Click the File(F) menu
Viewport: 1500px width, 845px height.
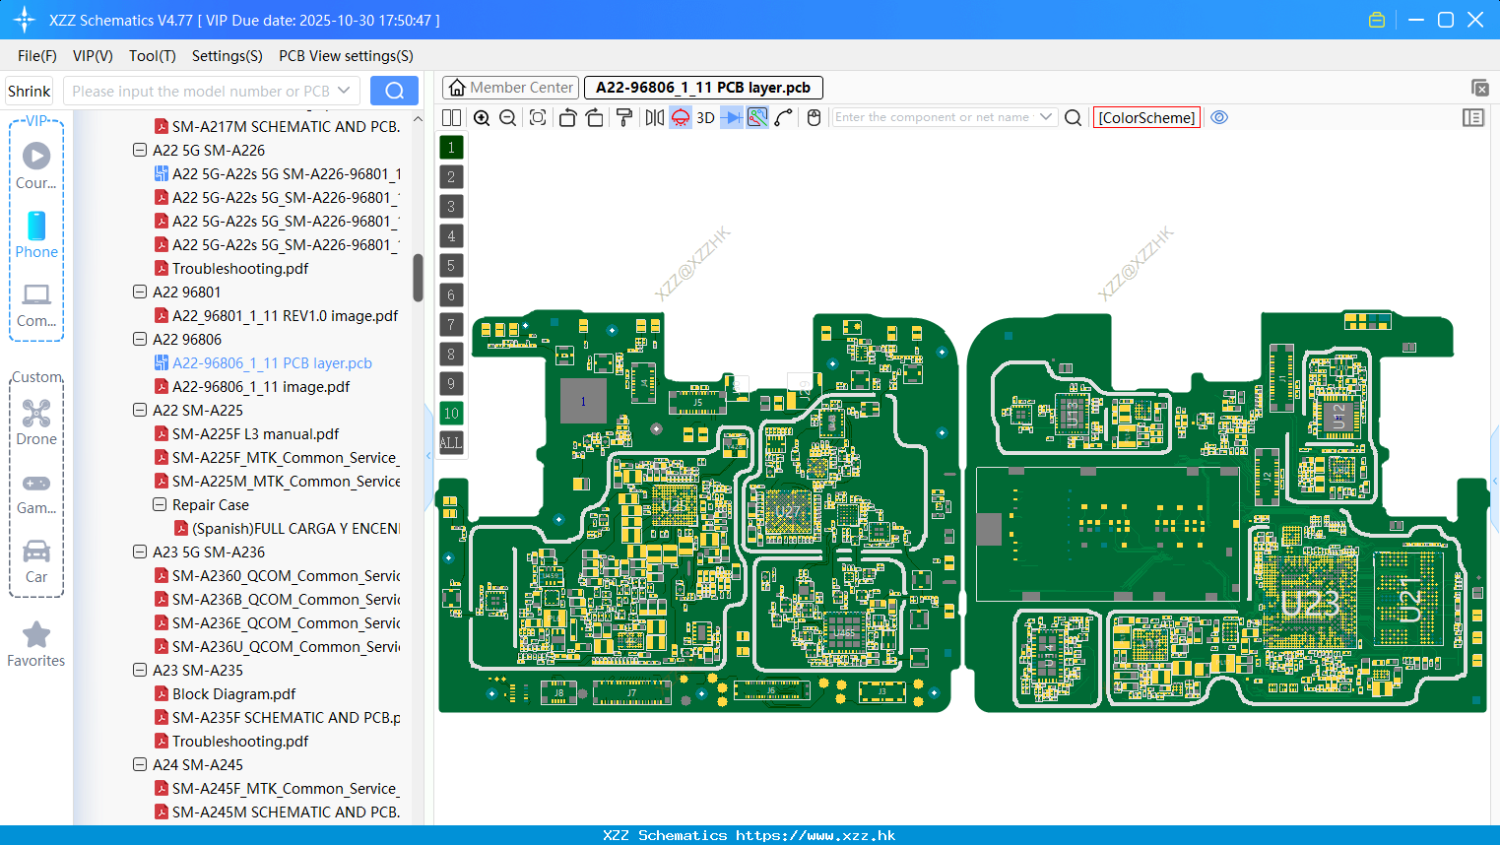(x=36, y=56)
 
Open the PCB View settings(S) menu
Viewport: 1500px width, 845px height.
(x=346, y=56)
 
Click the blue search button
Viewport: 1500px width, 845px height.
(x=394, y=91)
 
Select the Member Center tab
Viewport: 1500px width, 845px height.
(x=511, y=88)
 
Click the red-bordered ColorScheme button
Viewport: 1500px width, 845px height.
(x=1146, y=117)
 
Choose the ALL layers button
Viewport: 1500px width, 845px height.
(x=451, y=442)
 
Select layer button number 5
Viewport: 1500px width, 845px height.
(x=451, y=265)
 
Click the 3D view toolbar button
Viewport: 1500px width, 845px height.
(x=705, y=117)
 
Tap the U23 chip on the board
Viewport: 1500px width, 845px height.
(x=1309, y=602)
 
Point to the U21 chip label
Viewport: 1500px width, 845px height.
(x=1410, y=599)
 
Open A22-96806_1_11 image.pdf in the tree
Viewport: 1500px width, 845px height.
(x=260, y=387)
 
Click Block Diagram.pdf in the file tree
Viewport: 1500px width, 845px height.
(x=233, y=694)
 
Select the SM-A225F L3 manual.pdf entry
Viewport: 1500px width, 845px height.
(x=255, y=434)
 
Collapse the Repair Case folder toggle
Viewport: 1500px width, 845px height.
(x=160, y=505)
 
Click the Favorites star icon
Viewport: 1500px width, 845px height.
(x=36, y=635)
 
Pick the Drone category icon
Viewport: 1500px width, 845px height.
(x=36, y=414)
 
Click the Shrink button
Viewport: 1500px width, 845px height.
(x=29, y=91)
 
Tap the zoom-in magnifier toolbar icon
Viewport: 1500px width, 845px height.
(x=482, y=117)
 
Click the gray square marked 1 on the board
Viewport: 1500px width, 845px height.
(x=583, y=401)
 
